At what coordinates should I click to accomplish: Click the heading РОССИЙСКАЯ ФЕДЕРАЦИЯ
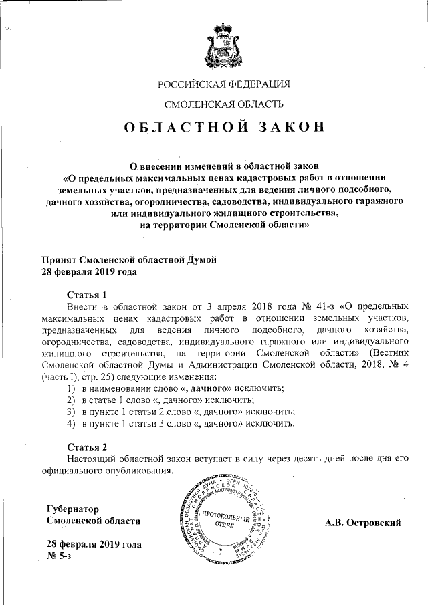point(224,84)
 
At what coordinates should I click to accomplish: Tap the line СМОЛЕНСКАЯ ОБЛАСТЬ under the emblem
point(224,104)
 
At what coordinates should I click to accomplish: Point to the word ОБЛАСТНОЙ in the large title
point(180,128)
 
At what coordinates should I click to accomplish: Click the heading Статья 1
point(87,295)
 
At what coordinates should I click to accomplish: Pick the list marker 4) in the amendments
point(70,424)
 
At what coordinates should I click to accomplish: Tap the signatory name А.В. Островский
point(362,521)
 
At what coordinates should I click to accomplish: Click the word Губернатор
point(71,508)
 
